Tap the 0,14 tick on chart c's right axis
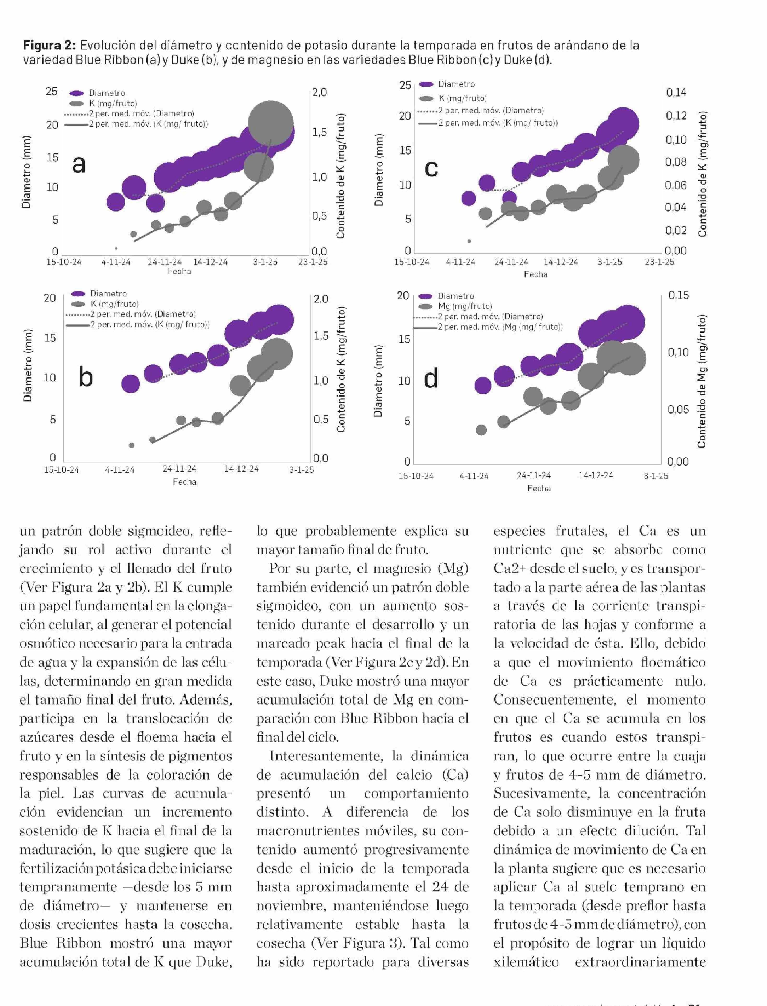676,93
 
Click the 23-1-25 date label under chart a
313,262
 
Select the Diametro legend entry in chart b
108,294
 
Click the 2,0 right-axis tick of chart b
321,299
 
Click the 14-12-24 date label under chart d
596,475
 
